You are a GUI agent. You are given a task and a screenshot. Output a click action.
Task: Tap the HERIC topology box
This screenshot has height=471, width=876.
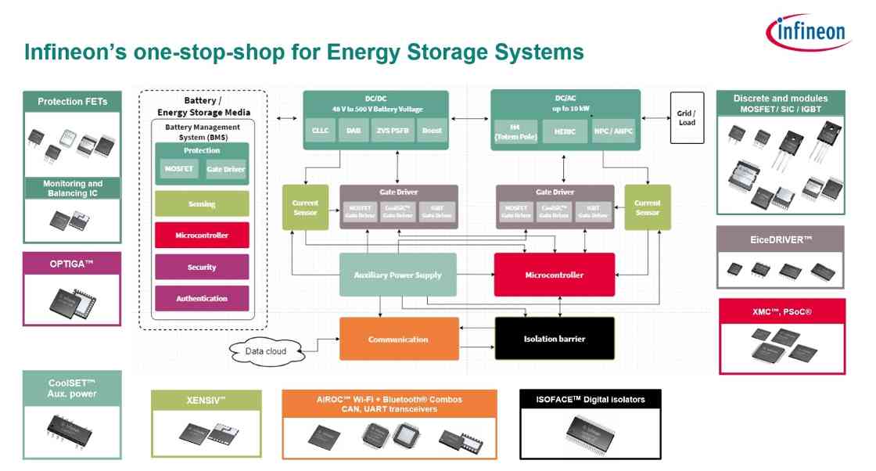[x=564, y=132]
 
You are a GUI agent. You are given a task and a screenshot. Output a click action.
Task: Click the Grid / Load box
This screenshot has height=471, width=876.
[x=686, y=117]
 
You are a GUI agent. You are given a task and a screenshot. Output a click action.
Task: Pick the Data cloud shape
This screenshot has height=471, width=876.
[x=265, y=351]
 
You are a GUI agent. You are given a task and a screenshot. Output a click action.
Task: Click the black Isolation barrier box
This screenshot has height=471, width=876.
[x=555, y=339]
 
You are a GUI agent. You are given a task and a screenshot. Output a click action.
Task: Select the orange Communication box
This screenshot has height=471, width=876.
[x=398, y=339]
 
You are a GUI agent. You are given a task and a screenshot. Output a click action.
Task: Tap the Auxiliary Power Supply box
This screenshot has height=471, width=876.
[x=397, y=275]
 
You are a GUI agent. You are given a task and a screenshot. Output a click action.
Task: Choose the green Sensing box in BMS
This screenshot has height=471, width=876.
[x=202, y=204]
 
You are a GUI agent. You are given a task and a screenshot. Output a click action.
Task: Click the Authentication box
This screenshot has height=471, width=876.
[x=202, y=298]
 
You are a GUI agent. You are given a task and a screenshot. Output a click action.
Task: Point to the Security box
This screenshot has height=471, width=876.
[x=202, y=267]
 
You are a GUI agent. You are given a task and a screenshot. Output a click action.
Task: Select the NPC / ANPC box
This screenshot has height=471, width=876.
[x=612, y=132]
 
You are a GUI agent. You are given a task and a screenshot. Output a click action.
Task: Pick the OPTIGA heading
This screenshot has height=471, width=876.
[x=72, y=264]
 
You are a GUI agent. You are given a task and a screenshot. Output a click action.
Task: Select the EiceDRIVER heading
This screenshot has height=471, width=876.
[x=780, y=239]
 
